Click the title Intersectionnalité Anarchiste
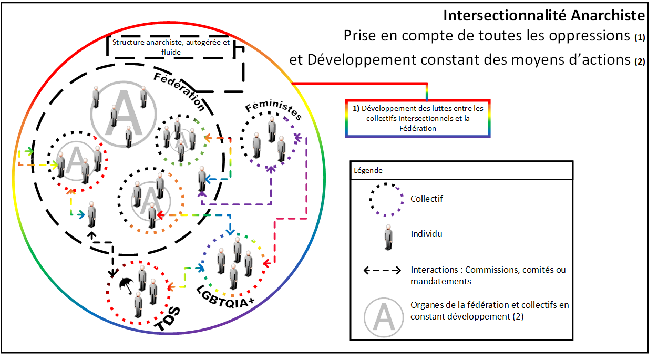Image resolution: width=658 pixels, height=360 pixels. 543,15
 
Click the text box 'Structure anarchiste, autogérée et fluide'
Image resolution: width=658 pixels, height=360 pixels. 171,47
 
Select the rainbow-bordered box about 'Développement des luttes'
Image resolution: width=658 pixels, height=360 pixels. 418,118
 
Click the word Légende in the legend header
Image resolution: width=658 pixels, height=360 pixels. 368,171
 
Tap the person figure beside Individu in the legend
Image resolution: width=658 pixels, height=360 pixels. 388,237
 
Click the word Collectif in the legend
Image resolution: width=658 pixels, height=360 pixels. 427,199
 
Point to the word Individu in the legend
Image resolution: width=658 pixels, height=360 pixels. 426,234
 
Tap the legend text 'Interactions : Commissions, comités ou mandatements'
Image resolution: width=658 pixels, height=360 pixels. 488,275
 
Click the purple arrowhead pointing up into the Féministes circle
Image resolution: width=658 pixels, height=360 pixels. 271,169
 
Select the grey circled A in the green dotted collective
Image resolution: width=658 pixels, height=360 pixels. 179,138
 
